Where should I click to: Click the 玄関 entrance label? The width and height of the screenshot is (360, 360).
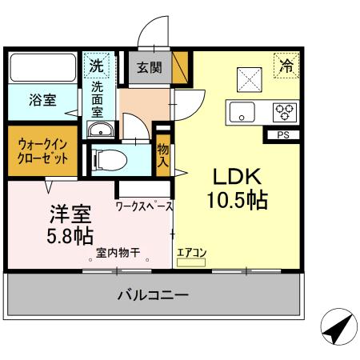150,67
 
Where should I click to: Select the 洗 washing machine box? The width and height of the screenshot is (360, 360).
97,63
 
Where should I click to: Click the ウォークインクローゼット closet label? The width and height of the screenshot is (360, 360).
42,149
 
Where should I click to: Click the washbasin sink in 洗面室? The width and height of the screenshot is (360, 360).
101,132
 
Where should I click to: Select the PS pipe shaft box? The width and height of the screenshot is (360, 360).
282,134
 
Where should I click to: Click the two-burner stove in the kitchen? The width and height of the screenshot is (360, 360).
284,112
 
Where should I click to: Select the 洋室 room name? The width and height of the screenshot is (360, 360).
70,214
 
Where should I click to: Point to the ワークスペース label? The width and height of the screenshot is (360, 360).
145,206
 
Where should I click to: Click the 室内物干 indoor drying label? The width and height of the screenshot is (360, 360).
118,254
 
